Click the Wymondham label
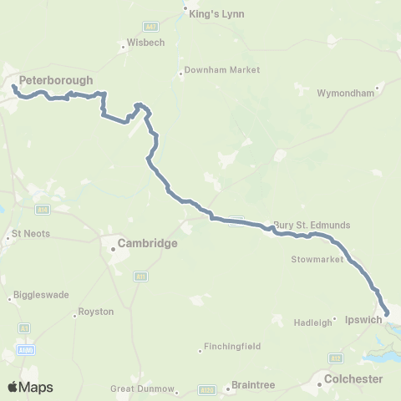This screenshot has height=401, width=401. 344,93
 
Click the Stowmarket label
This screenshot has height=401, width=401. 317,260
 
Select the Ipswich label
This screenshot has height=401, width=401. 363,319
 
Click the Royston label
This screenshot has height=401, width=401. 89,312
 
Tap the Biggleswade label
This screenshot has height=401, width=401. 41,295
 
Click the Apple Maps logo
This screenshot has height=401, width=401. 30,387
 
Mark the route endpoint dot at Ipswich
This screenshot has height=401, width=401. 386,314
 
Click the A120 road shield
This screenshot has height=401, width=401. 206,389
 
